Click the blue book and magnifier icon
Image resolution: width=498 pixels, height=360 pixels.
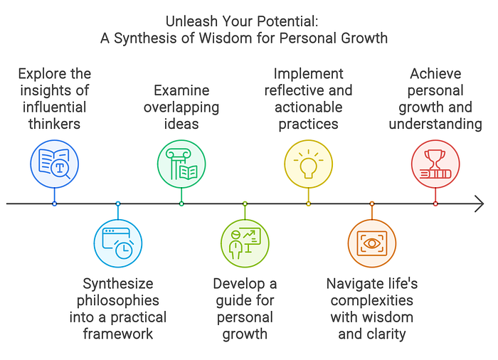(54, 163)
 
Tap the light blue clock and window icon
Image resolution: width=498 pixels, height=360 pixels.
(117, 243)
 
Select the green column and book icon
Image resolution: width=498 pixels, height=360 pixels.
(181, 163)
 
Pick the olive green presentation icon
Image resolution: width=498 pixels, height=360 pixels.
(244, 243)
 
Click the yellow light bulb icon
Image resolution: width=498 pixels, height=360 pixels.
(308, 163)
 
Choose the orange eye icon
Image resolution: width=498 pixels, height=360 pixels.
(371, 243)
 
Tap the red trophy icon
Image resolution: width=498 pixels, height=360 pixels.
(435, 163)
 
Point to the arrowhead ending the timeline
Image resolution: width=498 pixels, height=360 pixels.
(480, 203)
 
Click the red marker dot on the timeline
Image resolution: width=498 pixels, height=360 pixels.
(435, 203)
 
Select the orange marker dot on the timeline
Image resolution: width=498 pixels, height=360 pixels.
(371, 203)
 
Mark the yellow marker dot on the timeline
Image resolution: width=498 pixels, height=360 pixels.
(308, 203)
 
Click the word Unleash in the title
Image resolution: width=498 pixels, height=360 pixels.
(193, 21)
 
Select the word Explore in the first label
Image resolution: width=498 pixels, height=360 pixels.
(43, 74)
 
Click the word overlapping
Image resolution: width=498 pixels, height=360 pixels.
(181, 108)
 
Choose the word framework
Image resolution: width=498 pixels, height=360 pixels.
(117, 334)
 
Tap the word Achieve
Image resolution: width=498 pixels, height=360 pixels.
(435, 74)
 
